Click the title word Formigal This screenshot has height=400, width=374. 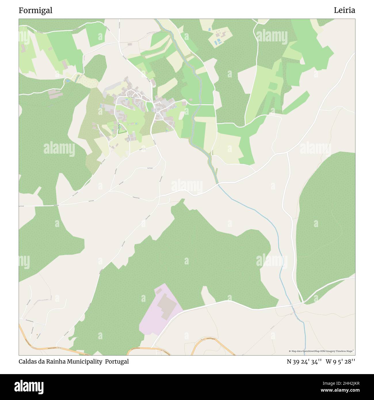35,10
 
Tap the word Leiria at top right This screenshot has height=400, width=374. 344,10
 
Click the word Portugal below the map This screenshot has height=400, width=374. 117,362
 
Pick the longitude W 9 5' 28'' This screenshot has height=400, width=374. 340,362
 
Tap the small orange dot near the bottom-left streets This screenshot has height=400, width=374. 37,334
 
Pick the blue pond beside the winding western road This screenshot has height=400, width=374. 68,81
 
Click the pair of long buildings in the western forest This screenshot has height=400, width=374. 55,94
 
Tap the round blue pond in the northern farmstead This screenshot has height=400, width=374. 209,30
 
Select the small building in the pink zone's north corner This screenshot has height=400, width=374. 158,292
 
